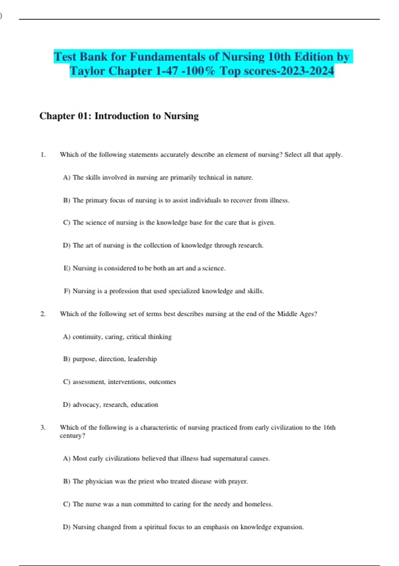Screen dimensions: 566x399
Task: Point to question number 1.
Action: [x=43, y=154]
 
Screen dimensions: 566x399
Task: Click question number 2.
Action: [x=43, y=314]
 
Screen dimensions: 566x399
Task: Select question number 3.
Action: [x=43, y=427]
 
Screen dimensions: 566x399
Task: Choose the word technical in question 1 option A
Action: [x=211, y=177]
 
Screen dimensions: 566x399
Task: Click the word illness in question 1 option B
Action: [x=279, y=200]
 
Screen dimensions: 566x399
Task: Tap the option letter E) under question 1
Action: [x=67, y=268]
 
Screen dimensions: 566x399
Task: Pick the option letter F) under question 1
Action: [x=67, y=291]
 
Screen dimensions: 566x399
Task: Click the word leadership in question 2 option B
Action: [x=142, y=359]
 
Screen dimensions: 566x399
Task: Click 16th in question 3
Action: [x=329, y=427]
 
